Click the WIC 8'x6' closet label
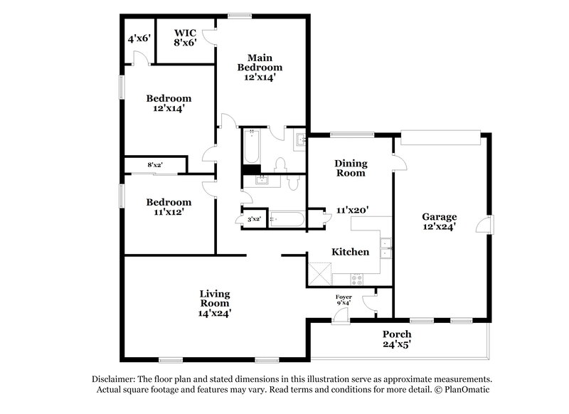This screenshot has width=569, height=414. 186,38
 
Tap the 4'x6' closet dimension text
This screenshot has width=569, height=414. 139,38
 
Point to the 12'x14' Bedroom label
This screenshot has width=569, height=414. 169,104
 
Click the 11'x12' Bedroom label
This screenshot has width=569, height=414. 169,207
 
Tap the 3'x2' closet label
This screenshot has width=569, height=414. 253,220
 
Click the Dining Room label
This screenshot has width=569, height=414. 350,168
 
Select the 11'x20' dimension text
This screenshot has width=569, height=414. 352,211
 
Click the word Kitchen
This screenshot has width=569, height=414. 351,252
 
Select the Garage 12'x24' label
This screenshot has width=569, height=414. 439,222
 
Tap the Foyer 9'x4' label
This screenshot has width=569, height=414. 343,299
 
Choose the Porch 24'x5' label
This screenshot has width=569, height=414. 397,339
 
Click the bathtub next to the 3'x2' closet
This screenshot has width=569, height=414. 287,219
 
